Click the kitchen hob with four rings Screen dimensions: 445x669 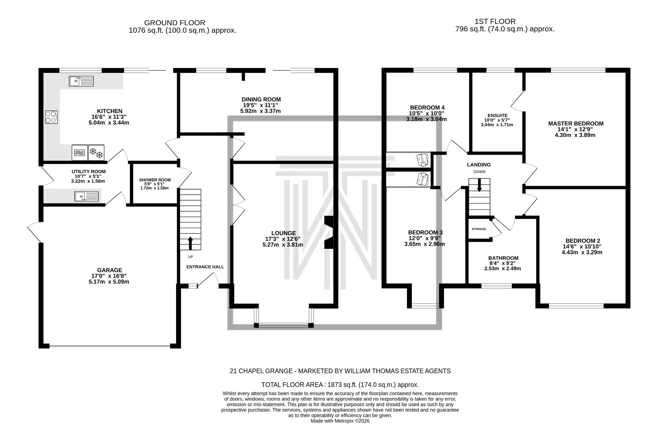(51, 117)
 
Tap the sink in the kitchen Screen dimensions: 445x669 (81, 81)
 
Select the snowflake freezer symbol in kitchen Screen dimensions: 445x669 (96, 153)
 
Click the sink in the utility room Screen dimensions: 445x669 (86, 196)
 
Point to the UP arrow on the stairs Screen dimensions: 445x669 (190, 243)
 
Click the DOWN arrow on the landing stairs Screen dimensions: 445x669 (479, 185)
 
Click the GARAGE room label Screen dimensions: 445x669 (109, 270)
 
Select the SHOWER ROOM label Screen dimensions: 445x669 (155, 180)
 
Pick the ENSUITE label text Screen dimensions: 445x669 (497, 115)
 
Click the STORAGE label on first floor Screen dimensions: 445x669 (479, 229)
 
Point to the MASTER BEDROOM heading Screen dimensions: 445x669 (576, 124)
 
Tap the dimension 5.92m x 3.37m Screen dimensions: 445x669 (260, 111)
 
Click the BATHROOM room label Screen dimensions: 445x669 (503, 258)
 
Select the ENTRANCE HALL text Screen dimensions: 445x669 (205, 267)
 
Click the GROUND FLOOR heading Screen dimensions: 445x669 (174, 23)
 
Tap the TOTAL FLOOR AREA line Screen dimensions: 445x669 (340, 385)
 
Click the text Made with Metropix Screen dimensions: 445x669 (340, 421)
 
